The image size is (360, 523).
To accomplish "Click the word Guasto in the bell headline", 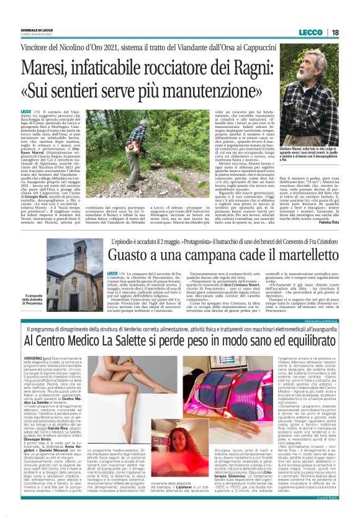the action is pyautogui.click(x=130, y=255).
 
